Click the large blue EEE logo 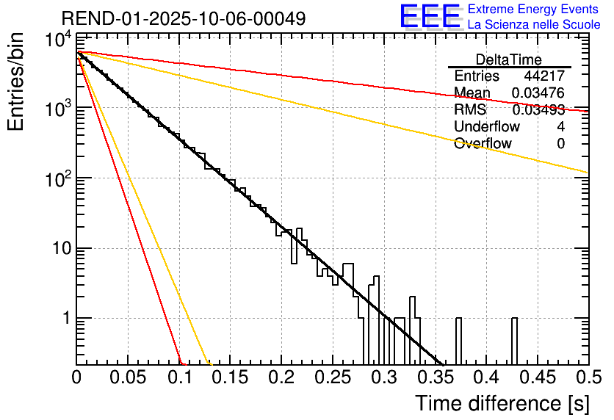click(x=430, y=17)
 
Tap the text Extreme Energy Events click(x=534, y=10)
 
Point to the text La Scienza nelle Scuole click(x=534, y=24)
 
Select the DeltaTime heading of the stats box click(x=509, y=59)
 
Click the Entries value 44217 click(x=544, y=76)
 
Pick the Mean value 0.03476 click(x=538, y=93)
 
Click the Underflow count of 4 click(x=560, y=127)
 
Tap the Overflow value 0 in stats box click(x=560, y=144)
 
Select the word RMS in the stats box click(x=470, y=110)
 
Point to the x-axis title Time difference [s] click(x=500, y=403)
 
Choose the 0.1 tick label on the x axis click(x=179, y=378)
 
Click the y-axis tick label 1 click(x=65, y=319)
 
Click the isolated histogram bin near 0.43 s click(x=514, y=341)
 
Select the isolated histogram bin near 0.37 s click(x=459, y=341)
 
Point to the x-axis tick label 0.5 click(x=588, y=378)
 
